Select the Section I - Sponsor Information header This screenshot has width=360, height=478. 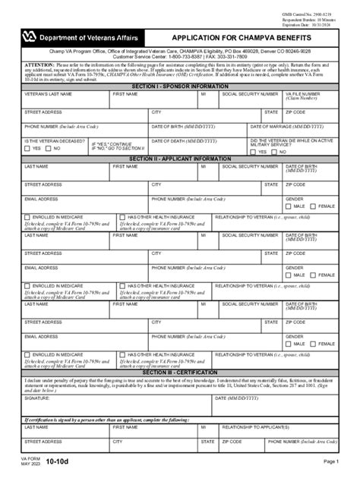click(179, 86)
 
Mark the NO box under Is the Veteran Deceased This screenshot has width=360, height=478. click(49, 149)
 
